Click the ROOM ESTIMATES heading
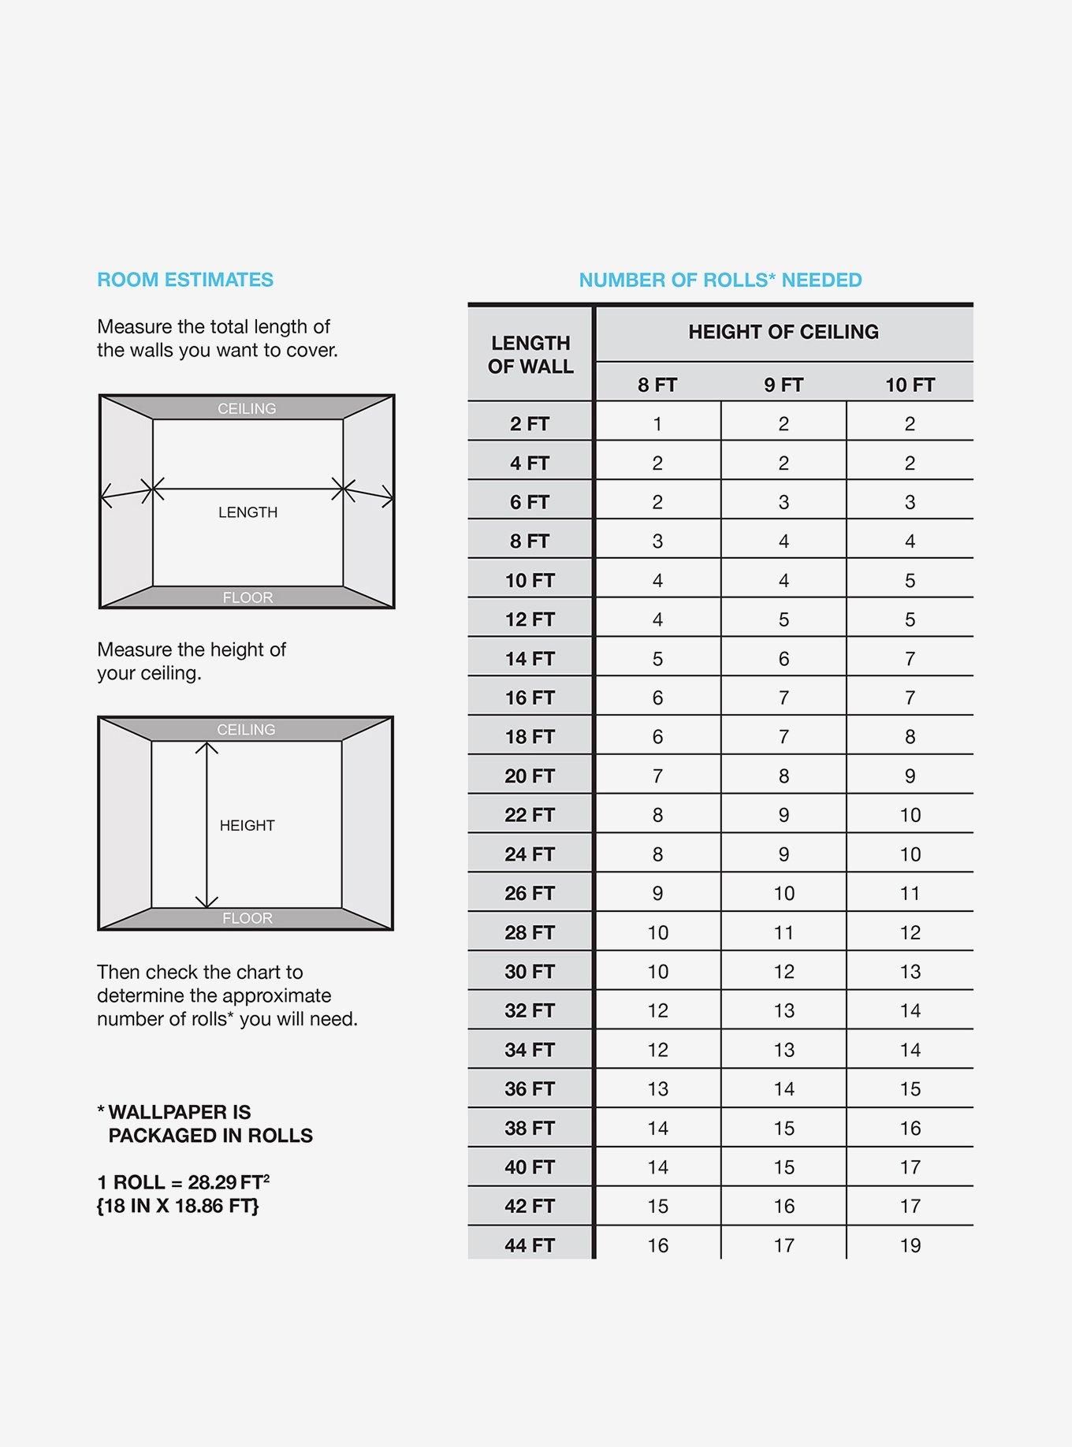click(x=185, y=280)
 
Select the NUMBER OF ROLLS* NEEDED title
click(x=720, y=280)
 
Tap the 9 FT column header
click(x=784, y=385)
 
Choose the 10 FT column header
click(x=910, y=385)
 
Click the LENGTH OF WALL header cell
click(x=530, y=355)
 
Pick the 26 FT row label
click(x=530, y=893)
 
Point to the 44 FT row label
click(x=530, y=1245)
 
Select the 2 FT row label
click(x=530, y=424)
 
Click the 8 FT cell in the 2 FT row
click(x=657, y=424)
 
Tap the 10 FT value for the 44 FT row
click(x=910, y=1245)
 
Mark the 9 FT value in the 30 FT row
click(x=784, y=972)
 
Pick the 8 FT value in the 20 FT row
click(x=657, y=776)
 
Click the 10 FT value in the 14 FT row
click(x=910, y=659)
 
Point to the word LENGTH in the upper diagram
click(x=248, y=512)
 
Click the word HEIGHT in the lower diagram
click(x=247, y=825)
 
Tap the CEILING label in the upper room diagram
click(x=247, y=408)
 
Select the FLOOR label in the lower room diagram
click(x=247, y=918)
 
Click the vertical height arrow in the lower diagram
click(x=207, y=788)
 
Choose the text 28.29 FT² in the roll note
click(x=229, y=1182)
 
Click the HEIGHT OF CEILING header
click(x=784, y=332)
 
